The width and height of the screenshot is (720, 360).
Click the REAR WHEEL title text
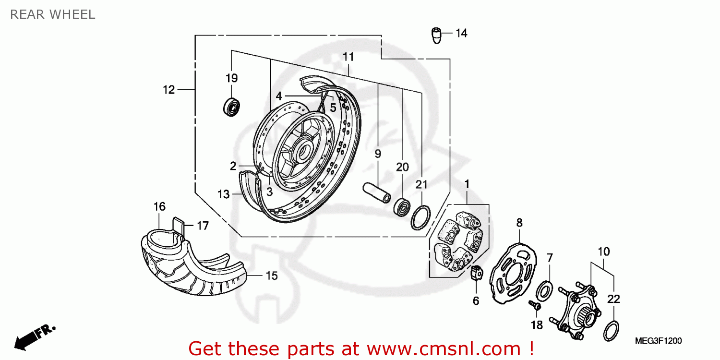tap(53, 14)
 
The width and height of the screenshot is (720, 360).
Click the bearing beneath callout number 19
tap(232, 107)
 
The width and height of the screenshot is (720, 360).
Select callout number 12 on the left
tap(168, 89)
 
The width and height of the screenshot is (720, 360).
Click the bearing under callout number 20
tap(402, 207)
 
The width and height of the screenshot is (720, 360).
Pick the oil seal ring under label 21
tap(420, 217)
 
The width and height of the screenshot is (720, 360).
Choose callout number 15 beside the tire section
tap(272, 276)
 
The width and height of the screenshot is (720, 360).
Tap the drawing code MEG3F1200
tap(658, 341)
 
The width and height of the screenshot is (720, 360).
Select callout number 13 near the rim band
tap(224, 194)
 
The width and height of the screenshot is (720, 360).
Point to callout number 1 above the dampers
tap(467, 184)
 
